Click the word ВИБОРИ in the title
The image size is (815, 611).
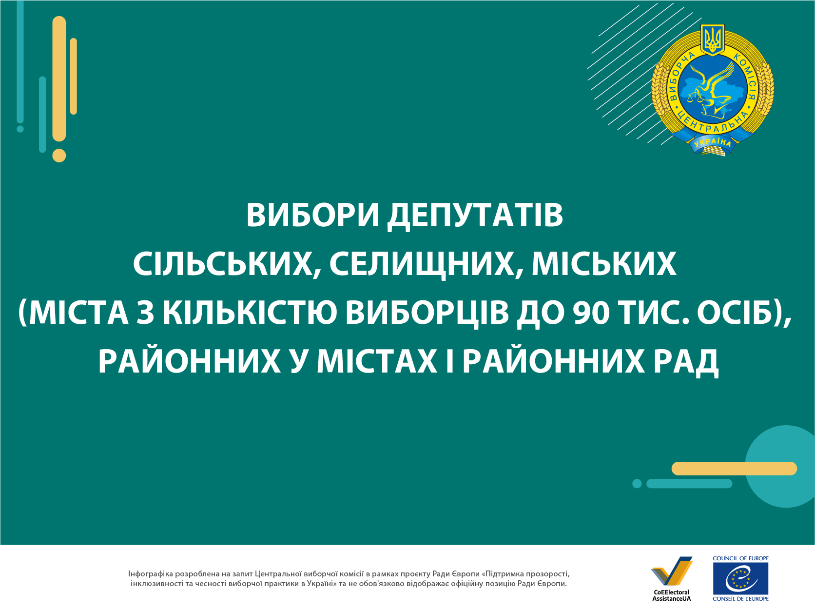point(312,216)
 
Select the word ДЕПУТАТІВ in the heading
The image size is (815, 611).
point(475,216)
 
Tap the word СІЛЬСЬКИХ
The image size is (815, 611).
point(222,264)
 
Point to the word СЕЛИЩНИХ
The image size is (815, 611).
point(426,264)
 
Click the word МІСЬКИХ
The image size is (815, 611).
point(604,264)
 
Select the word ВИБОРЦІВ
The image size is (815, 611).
point(427,313)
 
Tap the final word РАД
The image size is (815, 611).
point(685,361)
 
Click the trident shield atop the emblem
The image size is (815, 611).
point(712,40)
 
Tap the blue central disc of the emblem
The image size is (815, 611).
point(712,89)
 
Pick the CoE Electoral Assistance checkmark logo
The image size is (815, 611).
point(671,571)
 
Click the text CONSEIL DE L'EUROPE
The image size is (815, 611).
point(740,599)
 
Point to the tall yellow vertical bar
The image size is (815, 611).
point(59,79)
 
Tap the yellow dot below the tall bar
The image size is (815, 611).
point(59,156)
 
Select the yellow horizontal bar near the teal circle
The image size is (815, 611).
point(734,469)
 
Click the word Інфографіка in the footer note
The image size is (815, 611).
point(151,574)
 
